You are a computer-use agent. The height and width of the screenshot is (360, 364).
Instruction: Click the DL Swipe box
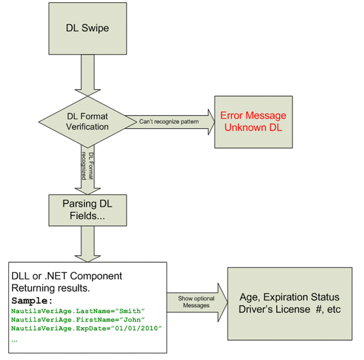88,29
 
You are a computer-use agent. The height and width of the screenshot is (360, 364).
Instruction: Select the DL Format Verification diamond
88,122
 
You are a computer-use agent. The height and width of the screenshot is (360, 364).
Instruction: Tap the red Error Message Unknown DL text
253,121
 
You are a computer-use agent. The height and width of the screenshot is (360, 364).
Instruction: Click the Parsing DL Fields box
88,210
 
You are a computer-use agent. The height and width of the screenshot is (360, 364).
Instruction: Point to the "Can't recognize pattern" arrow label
169,121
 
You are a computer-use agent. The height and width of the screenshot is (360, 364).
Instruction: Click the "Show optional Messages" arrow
197,303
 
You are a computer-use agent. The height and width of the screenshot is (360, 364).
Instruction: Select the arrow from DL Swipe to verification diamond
88,75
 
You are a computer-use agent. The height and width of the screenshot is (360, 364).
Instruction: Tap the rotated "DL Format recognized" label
88,166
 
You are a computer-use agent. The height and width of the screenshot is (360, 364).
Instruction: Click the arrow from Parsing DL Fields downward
88,244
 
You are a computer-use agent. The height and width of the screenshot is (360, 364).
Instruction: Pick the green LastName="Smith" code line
78,311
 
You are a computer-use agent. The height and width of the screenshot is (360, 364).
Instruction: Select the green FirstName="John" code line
78,320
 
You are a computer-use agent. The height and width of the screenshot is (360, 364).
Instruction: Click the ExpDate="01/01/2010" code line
87,328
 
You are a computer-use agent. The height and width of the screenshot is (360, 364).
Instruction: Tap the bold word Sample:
32,301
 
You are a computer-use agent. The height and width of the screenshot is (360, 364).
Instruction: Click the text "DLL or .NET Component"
67,276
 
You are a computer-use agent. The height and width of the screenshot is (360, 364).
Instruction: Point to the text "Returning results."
51,288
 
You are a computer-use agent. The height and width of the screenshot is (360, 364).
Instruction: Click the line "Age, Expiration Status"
290,297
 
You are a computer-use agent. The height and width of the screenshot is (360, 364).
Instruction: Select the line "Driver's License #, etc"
290,309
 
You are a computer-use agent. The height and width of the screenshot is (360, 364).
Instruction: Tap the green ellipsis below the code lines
14,341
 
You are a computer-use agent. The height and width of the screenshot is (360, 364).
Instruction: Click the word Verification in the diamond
87,127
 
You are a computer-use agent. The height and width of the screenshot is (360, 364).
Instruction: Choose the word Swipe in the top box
95,28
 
